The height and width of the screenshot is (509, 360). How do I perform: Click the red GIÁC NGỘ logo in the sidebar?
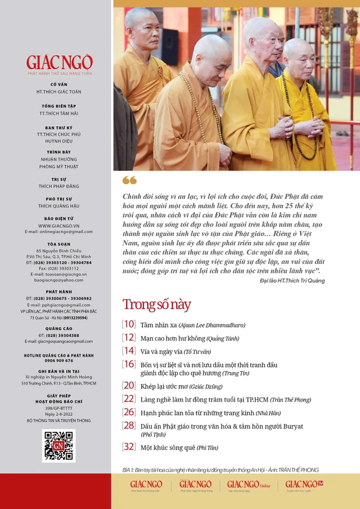point(59,62)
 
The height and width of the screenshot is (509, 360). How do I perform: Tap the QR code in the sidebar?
point(59,445)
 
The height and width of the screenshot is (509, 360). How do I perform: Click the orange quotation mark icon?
point(129,180)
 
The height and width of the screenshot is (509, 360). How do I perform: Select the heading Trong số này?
point(156,305)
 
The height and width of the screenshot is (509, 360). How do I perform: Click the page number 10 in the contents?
point(129,324)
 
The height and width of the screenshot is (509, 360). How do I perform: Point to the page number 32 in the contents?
point(129,446)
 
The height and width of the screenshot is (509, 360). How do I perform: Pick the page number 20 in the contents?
point(129,386)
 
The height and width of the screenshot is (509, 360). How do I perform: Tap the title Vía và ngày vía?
point(160,351)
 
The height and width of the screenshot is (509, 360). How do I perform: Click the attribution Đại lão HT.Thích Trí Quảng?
point(285,280)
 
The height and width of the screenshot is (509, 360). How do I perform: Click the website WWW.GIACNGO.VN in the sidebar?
point(59,225)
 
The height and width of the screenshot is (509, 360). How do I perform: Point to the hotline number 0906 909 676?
point(59,361)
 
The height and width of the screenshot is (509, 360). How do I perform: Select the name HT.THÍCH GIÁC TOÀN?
point(59,92)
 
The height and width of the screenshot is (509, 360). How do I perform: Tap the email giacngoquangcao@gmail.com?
point(59,341)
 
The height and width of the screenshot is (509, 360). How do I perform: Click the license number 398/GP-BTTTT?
point(59,409)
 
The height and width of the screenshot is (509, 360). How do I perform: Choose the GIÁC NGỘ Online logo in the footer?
point(249,484)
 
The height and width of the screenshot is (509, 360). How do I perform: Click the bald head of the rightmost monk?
point(299,49)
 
